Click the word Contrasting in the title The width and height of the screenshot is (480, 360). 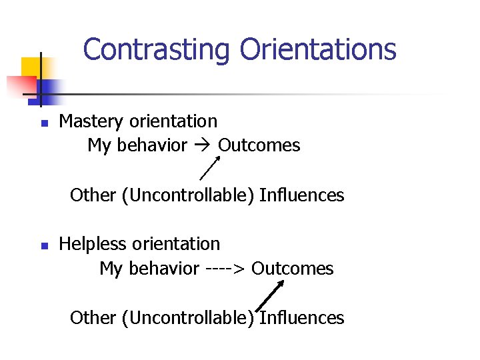pyautogui.click(x=157, y=49)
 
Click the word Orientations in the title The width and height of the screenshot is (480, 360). pyautogui.click(x=318, y=49)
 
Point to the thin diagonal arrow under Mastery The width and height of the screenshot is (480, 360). pyautogui.click(x=211, y=167)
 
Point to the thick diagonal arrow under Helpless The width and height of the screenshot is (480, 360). pyautogui.click(x=271, y=295)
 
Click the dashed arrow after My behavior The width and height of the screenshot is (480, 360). pyautogui.click(x=226, y=269)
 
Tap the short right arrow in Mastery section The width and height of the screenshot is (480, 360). pyautogui.click(x=203, y=145)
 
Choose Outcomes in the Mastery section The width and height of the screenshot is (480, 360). pyautogui.click(x=259, y=145)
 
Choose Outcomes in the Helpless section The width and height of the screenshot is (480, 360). pyautogui.click(x=293, y=269)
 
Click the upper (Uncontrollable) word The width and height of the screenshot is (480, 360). pyautogui.click(x=189, y=195)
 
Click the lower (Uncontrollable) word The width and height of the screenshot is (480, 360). pyautogui.click(x=189, y=318)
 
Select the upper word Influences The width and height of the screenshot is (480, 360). pyautogui.click(x=301, y=195)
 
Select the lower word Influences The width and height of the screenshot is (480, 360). pyautogui.click(x=301, y=318)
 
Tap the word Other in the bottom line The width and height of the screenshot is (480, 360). pyautogui.click(x=93, y=318)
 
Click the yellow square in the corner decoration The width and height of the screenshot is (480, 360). pyautogui.click(x=31, y=67)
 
